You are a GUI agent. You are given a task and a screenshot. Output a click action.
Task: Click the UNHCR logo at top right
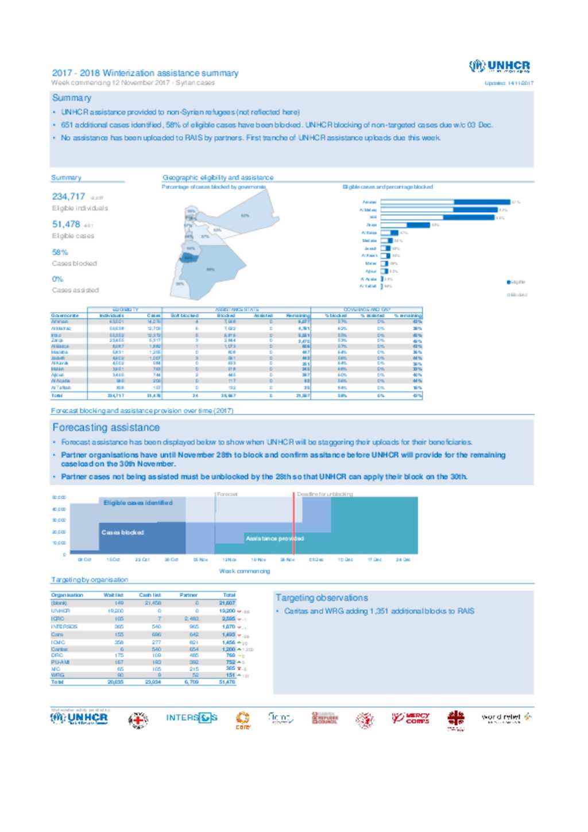(500, 67)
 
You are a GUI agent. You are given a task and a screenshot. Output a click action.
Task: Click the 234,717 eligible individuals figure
(68, 197)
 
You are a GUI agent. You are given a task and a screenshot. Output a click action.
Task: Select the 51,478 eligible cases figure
(66, 225)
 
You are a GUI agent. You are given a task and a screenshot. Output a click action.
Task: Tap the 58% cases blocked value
(60, 253)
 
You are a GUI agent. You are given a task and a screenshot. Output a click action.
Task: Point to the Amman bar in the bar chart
(445, 202)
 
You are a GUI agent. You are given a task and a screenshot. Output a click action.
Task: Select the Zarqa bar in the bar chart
(405, 225)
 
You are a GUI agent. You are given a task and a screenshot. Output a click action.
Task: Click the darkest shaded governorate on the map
(188, 258)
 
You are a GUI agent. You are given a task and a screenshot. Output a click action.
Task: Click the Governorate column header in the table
(65, 316)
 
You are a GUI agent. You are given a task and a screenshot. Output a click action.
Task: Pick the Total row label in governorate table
(57, 396)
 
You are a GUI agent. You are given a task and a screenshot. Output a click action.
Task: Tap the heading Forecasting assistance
(106, 428)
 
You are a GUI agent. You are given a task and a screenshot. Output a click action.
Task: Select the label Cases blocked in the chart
(122, 533)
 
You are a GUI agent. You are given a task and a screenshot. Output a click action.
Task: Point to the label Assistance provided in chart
(274, 539)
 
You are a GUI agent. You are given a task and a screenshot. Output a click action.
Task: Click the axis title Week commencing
(244, 571)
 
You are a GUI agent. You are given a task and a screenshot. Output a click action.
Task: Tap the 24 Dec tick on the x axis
(403, 560)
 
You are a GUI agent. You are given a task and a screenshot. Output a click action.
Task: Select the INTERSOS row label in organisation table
(64, 627)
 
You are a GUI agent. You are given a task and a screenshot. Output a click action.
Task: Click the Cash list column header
(150, 595)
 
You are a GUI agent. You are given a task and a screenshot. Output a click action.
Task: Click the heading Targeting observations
(322, 598)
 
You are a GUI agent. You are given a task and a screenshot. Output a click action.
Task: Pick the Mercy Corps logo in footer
(411, 718)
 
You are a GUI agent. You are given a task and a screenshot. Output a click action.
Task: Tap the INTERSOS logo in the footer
(192, 718)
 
